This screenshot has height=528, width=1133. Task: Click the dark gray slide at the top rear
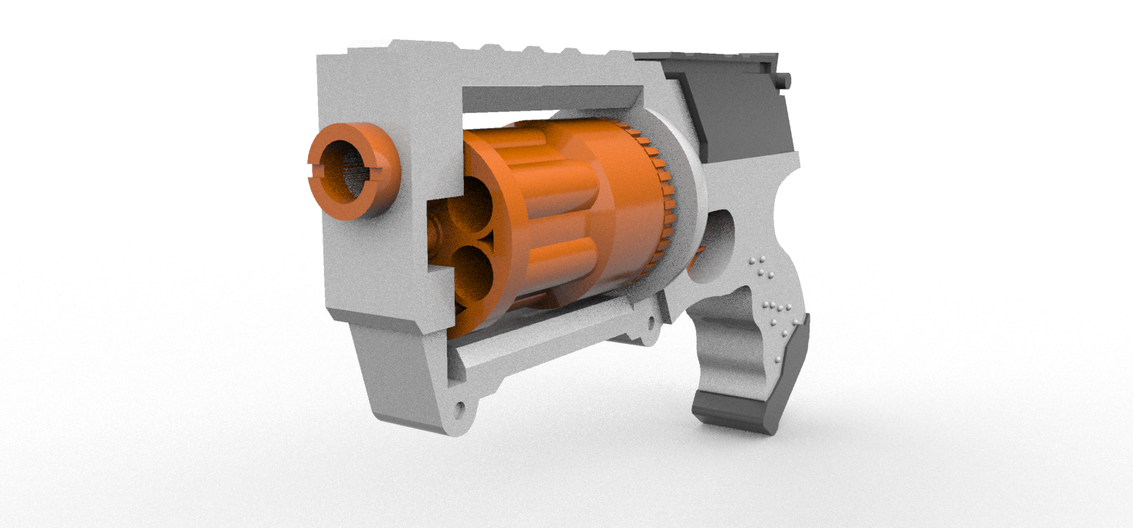coord(737,107)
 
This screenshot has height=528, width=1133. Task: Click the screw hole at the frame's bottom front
coord(460,407)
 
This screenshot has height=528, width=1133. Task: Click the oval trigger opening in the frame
coord(718,246)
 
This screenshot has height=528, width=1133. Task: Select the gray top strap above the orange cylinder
coord(549,97)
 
